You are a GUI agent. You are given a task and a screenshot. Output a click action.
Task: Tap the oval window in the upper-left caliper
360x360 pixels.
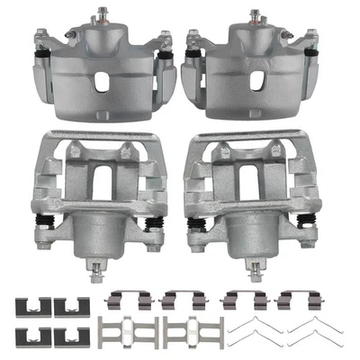102,80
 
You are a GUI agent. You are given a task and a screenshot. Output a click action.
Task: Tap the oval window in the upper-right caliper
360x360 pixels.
256,80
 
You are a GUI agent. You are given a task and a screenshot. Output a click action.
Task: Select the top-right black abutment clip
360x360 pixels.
66,305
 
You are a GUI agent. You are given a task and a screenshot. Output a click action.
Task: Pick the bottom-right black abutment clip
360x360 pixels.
66,335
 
